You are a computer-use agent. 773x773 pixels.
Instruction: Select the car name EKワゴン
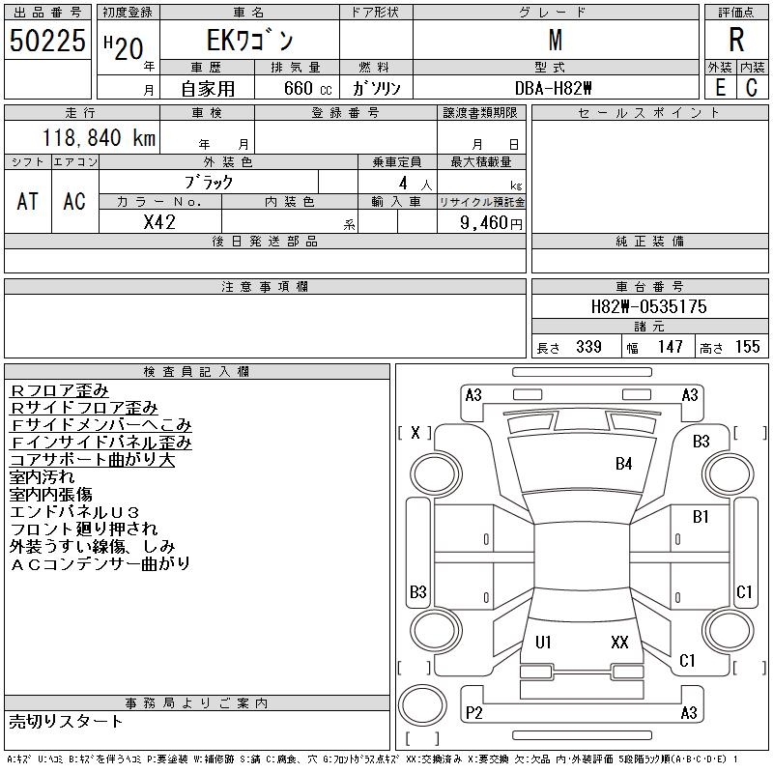pyautogui.click(x=249, y=42)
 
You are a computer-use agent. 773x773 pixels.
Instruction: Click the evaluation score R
pyautogui.click(x=736, y=41)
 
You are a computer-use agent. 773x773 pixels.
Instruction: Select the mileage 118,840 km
pyautogui.click(x=98, y=138)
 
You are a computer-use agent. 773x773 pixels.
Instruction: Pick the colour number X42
pyautogui.click(x=159, y=221)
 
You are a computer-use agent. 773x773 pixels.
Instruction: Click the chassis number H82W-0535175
pyautogui.click(x=649, y=306)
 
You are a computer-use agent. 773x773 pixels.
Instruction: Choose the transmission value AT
pyautogui.click(x=28, y=201)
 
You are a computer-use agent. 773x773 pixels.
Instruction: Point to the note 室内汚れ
pyautogui.click(x=44, y=476)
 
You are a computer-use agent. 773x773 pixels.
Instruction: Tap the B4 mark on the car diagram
pyautogui.click(x=624, y=464)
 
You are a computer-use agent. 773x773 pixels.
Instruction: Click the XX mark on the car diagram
pyautogui.click(x=619, y=643)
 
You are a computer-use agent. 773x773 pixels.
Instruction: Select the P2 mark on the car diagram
pyautogui.click(x=474, y=712)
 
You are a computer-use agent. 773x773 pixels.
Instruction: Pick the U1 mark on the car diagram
pyautogui.click(x=543, y=643)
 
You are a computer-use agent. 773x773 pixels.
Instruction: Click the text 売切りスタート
pyautogui.click(x=67, y=722)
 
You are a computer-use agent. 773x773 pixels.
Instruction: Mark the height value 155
pyautogui.click(x=747, y=347)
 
